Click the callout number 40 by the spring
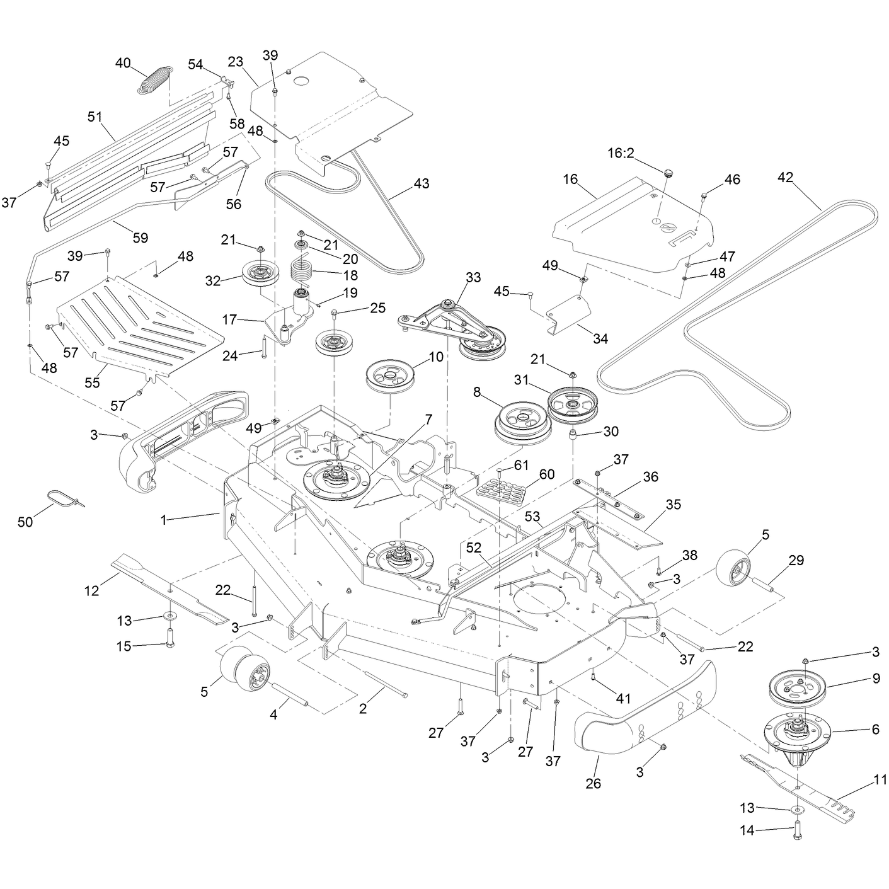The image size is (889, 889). (123, 63)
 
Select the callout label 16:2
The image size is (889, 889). (621, 153)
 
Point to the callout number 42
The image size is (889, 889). (785, 177)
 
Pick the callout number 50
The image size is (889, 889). (25, 522)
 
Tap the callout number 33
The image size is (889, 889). (473, 277)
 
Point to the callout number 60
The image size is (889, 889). (547, 474)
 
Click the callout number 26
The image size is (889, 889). (594, 783)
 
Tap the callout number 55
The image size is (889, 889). (92, 382)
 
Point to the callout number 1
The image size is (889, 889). (163, 520)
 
